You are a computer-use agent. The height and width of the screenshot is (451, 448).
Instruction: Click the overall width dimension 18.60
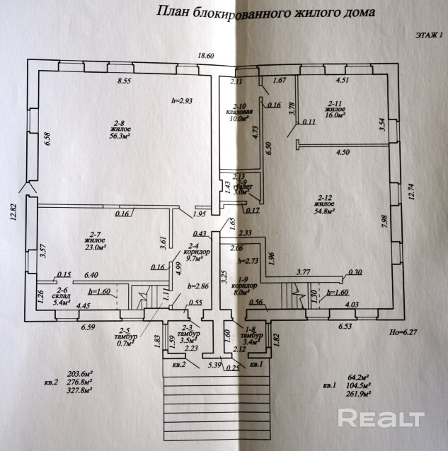tap(206, 56)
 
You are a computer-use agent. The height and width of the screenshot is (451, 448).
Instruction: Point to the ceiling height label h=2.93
tap(182, 100)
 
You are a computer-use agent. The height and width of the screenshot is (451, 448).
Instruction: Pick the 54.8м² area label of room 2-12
tap(325, 209)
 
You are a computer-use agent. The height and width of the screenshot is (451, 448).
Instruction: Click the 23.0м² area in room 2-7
tap(94, 248)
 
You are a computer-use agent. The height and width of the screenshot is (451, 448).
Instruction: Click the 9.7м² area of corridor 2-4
tap(193, 259)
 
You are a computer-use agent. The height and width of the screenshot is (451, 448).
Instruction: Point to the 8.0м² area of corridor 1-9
tap(243, 291)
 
